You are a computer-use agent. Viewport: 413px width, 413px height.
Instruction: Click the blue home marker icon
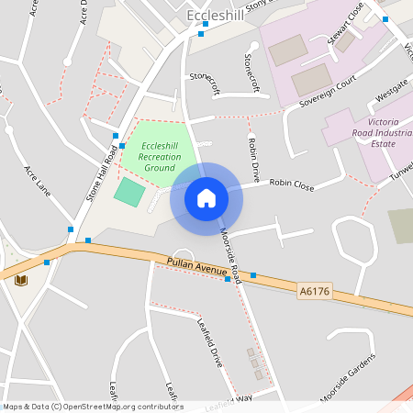[x=206, y=197]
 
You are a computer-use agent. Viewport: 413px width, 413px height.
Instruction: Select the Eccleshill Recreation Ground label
[x=160, y=157]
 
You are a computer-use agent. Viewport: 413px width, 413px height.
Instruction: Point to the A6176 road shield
[x=313, y=292]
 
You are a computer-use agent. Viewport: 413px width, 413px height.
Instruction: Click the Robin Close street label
[x=291, y=184]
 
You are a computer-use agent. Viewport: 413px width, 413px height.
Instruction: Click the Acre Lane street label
[x=38, y=182]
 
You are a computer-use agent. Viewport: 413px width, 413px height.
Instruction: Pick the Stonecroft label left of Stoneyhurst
[x=205, y=84]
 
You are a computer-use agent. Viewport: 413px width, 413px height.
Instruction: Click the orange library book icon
[x=21, y=279]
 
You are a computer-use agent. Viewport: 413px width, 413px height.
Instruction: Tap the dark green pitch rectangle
[x=128, y=192]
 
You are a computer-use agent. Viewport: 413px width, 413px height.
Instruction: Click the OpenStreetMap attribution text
[x=92, y=407]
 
